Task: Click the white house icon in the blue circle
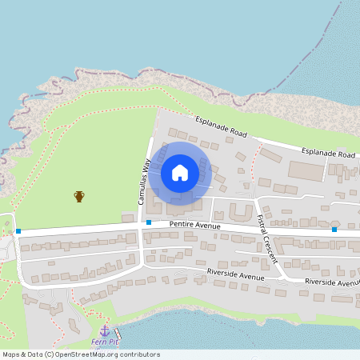coord(180,172)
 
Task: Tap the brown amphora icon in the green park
coord(79,196)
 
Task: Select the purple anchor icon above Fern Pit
coord(104,330)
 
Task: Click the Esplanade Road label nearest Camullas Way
coord(222,126)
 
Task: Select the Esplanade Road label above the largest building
coord(328,152)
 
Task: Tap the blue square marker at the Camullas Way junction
coord(149,222)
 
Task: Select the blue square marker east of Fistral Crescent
coord(334,230)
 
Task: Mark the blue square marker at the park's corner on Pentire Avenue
coord(18,232)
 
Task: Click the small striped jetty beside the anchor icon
coord(118,333)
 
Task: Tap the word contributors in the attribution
coord(138,354)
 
